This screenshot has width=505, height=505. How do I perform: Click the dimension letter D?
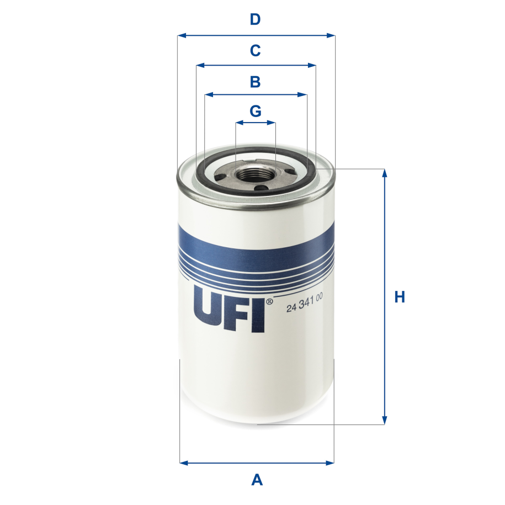[x=255, y=20]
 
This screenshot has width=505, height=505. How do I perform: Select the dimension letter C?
[x=255, y=51]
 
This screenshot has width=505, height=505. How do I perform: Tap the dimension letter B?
[x=255, y=82]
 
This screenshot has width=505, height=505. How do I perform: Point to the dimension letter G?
[x=255, y=111]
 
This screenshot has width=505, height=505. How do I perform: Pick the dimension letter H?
[x=400, y=297]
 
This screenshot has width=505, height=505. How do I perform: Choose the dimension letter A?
[x=257, y=480]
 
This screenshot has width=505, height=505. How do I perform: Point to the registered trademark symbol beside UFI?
[x=269, y=302]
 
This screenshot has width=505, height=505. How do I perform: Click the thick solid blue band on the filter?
[x=256, y=243]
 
